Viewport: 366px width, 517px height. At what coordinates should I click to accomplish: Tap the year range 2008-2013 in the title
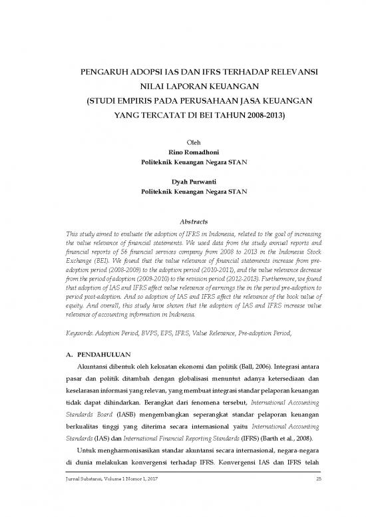[262, 114]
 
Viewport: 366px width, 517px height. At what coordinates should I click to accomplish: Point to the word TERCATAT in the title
[164, 114]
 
